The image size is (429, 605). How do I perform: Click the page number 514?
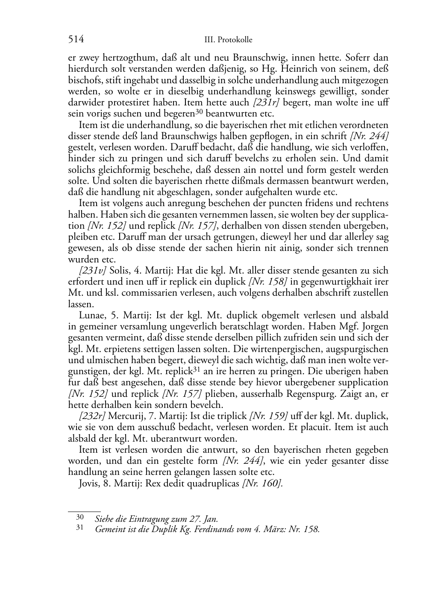76,40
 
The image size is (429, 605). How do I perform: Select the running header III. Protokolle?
229,40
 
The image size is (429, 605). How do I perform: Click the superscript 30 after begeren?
199,112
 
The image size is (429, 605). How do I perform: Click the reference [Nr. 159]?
268,416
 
